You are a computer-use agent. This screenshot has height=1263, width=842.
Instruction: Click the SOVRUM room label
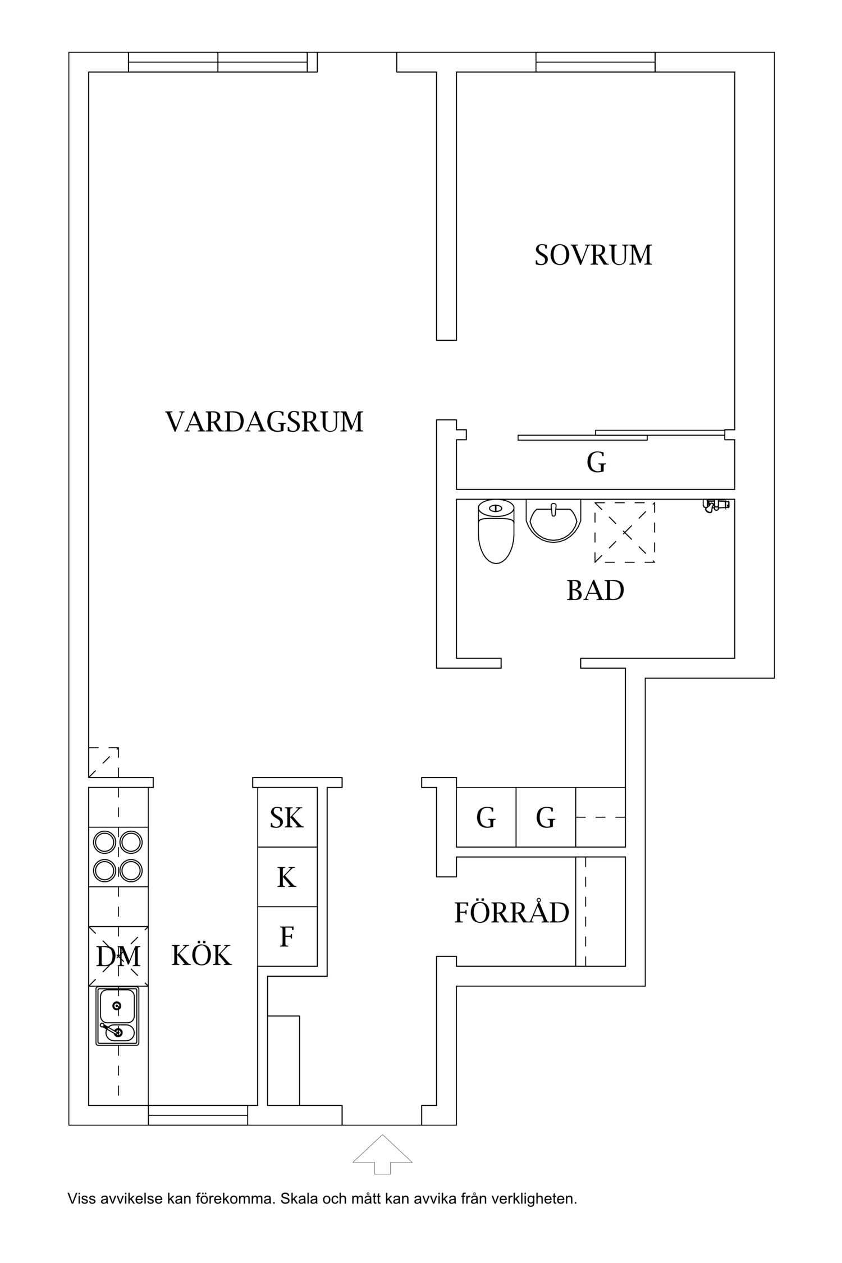(x=593, y=255)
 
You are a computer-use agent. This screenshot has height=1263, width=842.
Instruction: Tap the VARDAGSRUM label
(x=264, y=422)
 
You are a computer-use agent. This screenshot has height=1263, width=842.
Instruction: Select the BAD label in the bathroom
(x=595, y=591)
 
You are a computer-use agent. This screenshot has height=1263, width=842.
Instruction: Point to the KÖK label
(x=201, y=955)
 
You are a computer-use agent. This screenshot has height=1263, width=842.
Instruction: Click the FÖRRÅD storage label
(x=511, y=913)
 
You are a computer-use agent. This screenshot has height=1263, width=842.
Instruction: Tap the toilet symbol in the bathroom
(x=496, y=532)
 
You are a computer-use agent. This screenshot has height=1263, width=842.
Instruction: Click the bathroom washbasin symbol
(x=553, y=520)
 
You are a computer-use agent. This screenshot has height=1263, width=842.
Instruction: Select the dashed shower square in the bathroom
(x=625, y=532)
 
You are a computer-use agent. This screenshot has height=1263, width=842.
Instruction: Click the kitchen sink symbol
(x=117, y=1016)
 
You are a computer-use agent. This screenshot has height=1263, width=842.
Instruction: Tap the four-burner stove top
(x=118, y=857)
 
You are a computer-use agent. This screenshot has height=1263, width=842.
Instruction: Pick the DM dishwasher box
(x=118, y=956)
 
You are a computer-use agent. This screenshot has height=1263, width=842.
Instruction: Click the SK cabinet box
(x=287, y=817)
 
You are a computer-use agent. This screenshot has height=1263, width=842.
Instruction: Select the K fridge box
(x=287, y=877)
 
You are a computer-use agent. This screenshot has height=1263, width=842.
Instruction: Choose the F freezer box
(x=287, y=936)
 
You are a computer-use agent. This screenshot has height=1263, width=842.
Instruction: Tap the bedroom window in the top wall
(x=595, y=62)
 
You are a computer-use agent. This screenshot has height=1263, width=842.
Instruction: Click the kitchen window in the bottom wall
(x=198, y=1115)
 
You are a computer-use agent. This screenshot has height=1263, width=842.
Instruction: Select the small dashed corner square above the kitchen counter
(x=103, y=762)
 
